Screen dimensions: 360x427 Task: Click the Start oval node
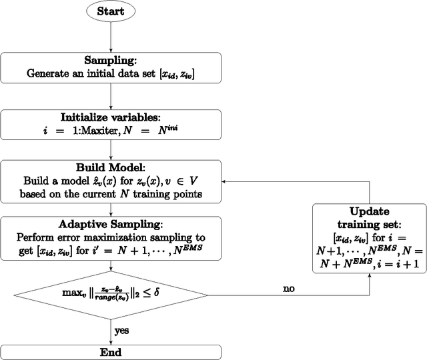(110, 12)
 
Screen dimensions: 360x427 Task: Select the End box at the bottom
(110, 352)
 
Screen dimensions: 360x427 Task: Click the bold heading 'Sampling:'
(110, 60)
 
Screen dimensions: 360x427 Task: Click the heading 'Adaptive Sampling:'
(110, 225)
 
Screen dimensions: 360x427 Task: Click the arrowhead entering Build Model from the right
(225, 181)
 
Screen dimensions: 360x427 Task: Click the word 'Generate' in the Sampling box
(47, 73)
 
